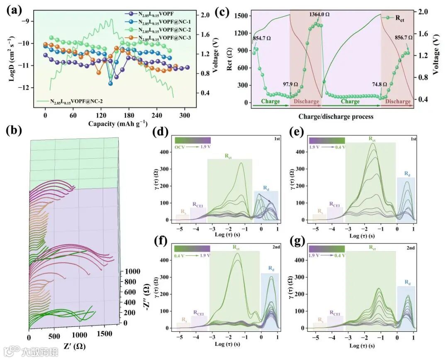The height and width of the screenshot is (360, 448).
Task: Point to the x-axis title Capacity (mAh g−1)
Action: [118, 124]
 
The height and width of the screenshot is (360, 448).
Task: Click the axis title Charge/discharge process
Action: [336, 117]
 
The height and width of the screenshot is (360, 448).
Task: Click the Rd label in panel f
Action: [270, 269]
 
